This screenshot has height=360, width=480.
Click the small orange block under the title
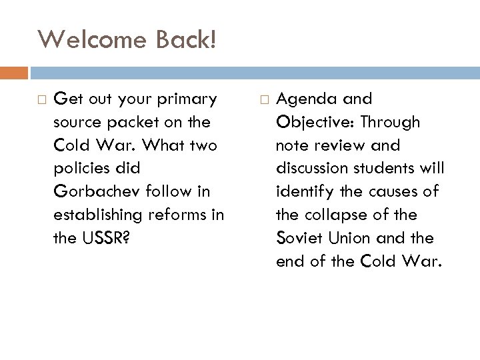[x=14, y=71]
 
